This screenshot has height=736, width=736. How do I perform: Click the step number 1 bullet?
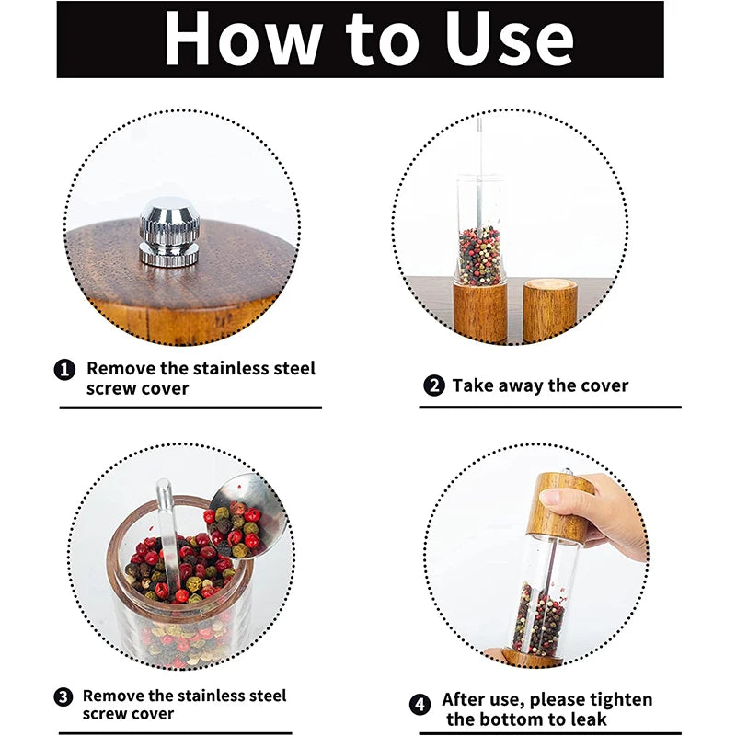[x=64, y=370]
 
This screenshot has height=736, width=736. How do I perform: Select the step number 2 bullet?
[x=434, y=386]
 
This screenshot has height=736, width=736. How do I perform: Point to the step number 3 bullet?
[x=63, y=697]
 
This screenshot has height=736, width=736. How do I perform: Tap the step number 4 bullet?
[x=420, y=705]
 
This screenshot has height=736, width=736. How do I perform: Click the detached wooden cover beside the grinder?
[x=549, y=310]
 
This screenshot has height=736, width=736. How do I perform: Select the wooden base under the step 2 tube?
[x=480, y=313]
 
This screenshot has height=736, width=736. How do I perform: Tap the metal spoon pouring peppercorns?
[x=253, y=511]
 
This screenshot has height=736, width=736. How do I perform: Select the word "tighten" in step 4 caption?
[x=618, y=700]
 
